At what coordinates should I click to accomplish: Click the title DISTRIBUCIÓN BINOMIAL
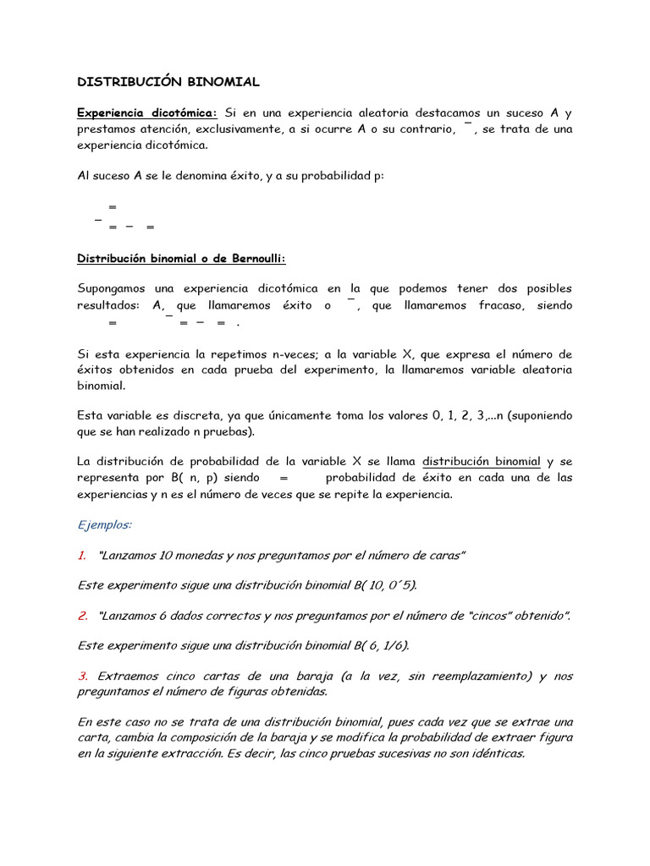[168, 82]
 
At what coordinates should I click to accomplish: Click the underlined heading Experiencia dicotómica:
[147, 112]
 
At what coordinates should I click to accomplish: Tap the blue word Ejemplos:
[104, 524]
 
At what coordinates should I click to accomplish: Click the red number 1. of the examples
[82, 555]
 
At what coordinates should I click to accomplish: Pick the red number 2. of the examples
[83, 616]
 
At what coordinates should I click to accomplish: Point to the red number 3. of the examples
[83, 676]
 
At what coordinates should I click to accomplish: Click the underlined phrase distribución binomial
[481, 462]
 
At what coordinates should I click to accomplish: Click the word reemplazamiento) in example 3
[481, 676]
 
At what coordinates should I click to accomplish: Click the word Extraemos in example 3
[127, 676]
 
